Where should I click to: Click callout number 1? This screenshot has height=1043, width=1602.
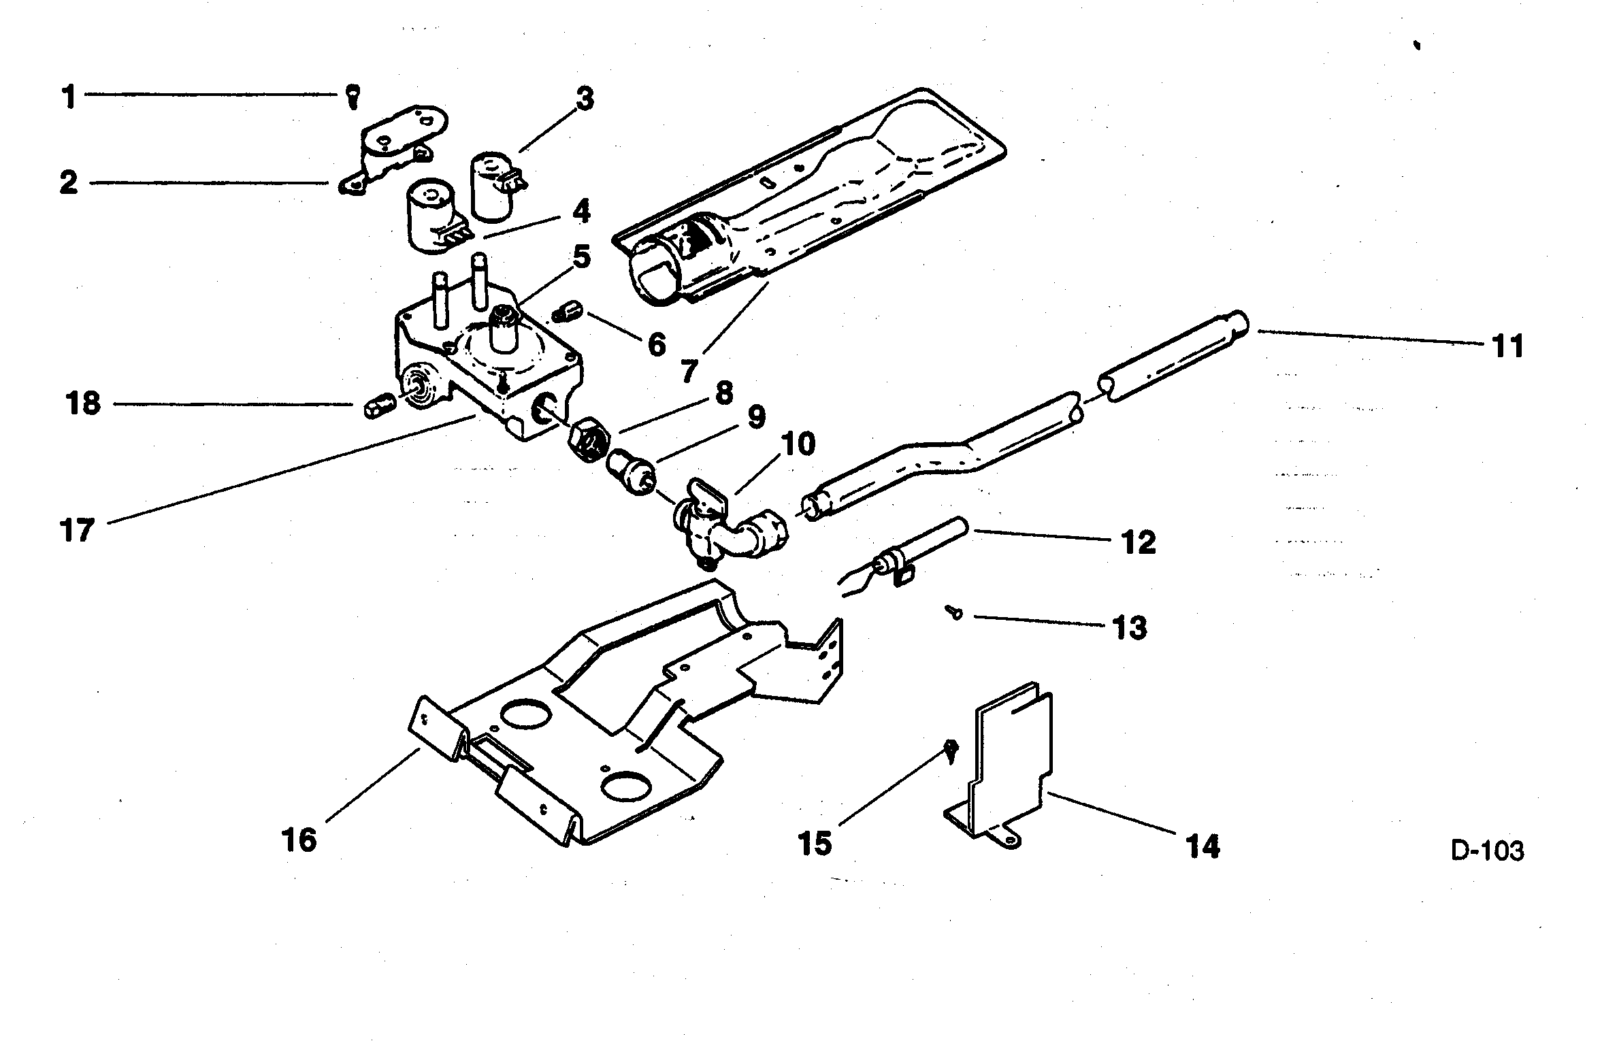pyautogui.click(x=69, y=97)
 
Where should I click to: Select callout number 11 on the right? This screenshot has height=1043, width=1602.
pyautogui.click(x=1507, y=346)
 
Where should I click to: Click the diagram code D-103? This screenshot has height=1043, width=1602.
pyautogui.click(x=1488, y=850)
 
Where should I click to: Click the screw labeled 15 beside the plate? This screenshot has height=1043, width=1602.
pyautogui.click(x=951, y=751)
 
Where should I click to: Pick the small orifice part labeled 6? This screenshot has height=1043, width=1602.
pyautogui.click(x=566, y=314)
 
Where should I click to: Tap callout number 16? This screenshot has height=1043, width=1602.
pyautogui.click(x=300, y=840)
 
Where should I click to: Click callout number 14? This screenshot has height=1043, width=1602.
pyautogui.click(x=1202, y=846)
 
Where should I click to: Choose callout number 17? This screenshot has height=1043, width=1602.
pyautogui.click(x=77, y=530)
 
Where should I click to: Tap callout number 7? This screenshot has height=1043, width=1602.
pyautogui.click(x=688, y=371)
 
